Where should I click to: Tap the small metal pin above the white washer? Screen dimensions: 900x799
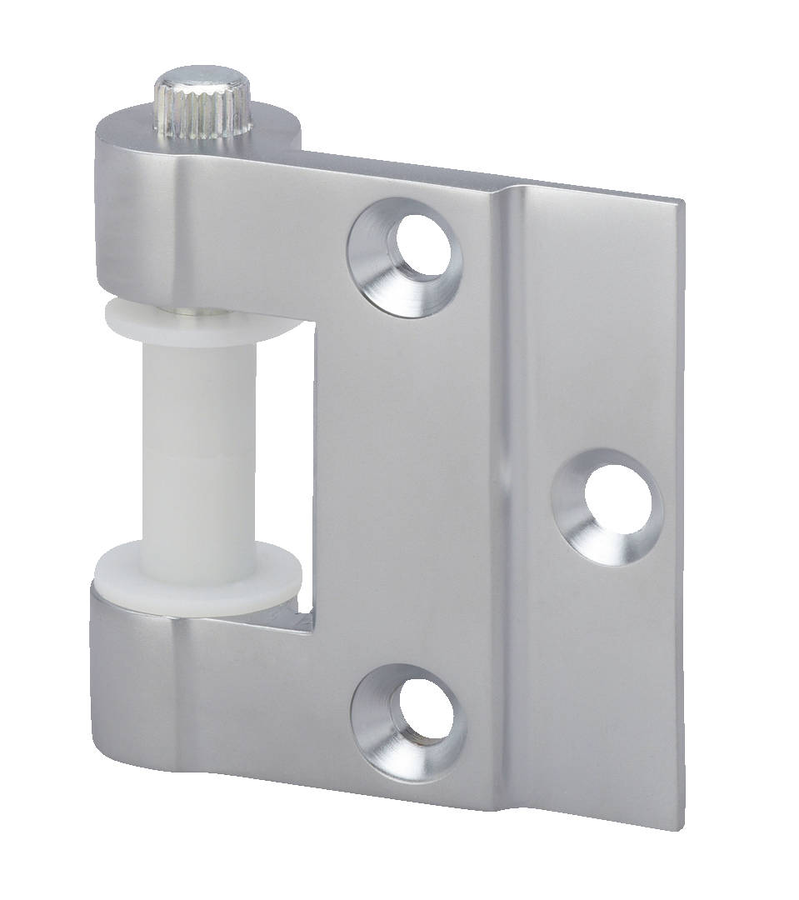(193, 312)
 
